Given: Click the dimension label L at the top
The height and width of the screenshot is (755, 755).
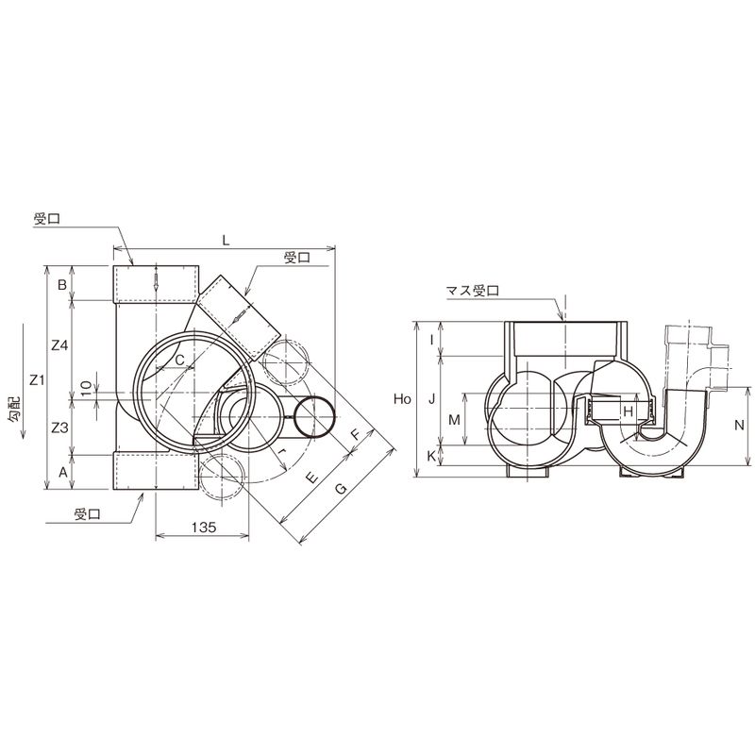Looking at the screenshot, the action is (226, 241).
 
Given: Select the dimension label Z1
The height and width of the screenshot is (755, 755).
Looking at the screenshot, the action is (37, 380).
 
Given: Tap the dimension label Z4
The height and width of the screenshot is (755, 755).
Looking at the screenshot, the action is (60, 345).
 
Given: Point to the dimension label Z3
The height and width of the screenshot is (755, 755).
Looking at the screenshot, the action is (59, 428).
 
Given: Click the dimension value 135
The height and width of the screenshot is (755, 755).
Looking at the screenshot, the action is (204, 527).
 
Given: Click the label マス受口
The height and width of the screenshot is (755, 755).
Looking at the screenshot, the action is (473, 291).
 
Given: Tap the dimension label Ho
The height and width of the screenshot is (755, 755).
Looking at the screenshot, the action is (402, 398).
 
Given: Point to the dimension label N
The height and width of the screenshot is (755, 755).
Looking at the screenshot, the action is (740, 425).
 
